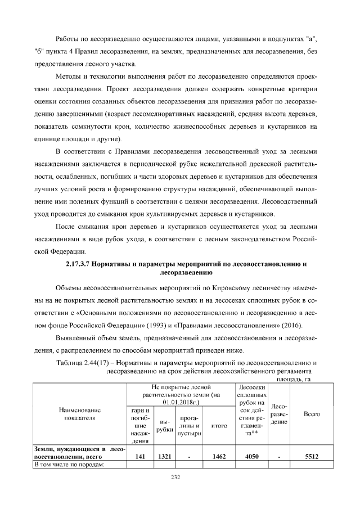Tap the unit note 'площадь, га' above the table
pyautogui.click(x=292, y=379)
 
